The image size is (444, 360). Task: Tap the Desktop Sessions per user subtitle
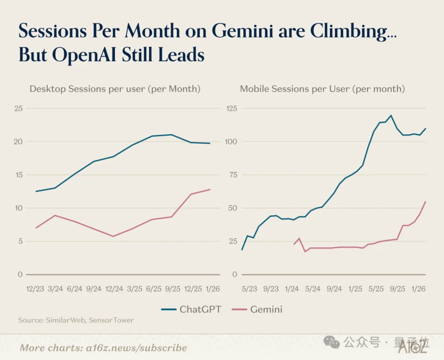coord(115,89)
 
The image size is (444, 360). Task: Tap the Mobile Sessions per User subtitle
coord(322,89)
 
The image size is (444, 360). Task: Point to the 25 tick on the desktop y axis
coord(18,108)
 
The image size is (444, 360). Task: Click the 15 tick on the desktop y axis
coord(18,175)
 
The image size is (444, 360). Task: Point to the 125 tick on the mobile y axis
coord(232,108)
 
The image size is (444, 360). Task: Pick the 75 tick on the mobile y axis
coord(233,175)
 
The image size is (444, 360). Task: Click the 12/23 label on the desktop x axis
coord(36,289)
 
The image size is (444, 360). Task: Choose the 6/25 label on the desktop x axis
coord(154,289)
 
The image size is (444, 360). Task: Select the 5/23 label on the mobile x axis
coord(249,289)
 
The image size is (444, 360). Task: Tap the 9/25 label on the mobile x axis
coord(397,289)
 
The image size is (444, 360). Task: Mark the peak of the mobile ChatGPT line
coord(391,115)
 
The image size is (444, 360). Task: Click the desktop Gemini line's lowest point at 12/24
coord(113,236)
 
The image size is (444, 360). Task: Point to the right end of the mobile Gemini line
coord(425,201)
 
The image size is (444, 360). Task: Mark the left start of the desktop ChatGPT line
coord(36,191)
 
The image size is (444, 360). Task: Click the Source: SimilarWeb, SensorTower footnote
coord(76,320)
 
